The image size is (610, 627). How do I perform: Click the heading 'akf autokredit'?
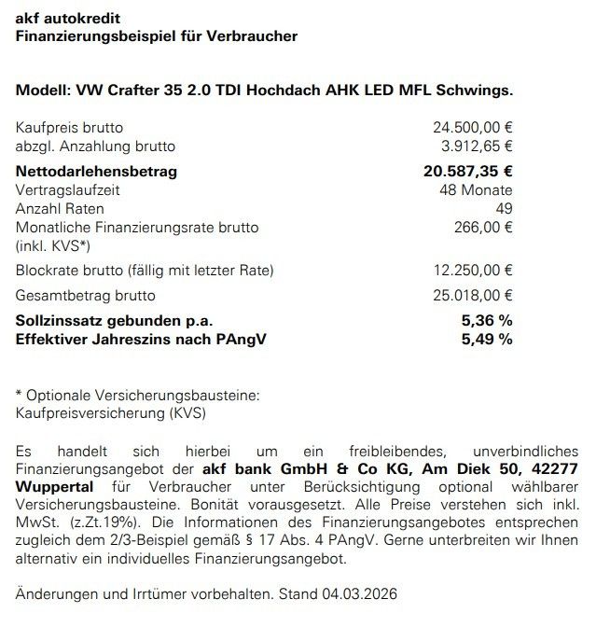68,18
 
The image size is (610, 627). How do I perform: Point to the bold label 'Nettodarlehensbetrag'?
96,172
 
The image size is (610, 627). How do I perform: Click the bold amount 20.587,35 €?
467,172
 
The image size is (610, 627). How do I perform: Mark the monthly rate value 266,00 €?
481,227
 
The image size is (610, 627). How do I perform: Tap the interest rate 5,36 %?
487,320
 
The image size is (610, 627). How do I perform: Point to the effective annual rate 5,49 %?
487,339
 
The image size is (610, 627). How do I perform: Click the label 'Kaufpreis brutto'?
69,128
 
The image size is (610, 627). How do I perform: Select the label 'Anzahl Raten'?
60,209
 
